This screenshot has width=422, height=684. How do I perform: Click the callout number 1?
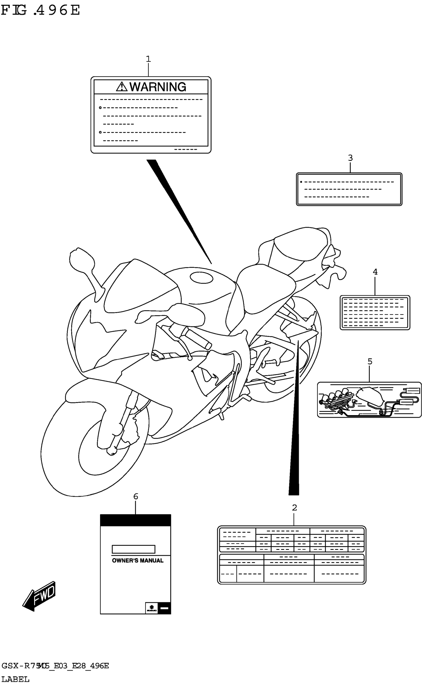148,59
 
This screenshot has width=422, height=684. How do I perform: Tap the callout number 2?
294,508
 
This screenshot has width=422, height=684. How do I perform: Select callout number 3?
350,158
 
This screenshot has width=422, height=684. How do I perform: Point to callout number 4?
375,272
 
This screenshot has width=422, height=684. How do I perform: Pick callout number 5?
370,361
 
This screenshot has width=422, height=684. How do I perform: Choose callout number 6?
136,496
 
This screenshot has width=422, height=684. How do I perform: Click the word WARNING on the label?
158,87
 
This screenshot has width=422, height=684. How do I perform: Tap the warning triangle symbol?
122,87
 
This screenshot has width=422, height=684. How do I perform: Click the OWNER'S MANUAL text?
138,560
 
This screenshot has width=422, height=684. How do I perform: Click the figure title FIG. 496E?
40,10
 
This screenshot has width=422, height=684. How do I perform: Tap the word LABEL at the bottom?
15,679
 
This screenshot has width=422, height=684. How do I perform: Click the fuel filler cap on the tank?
201,278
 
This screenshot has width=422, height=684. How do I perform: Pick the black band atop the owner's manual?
135,520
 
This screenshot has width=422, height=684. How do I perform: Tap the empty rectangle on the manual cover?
133,549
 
